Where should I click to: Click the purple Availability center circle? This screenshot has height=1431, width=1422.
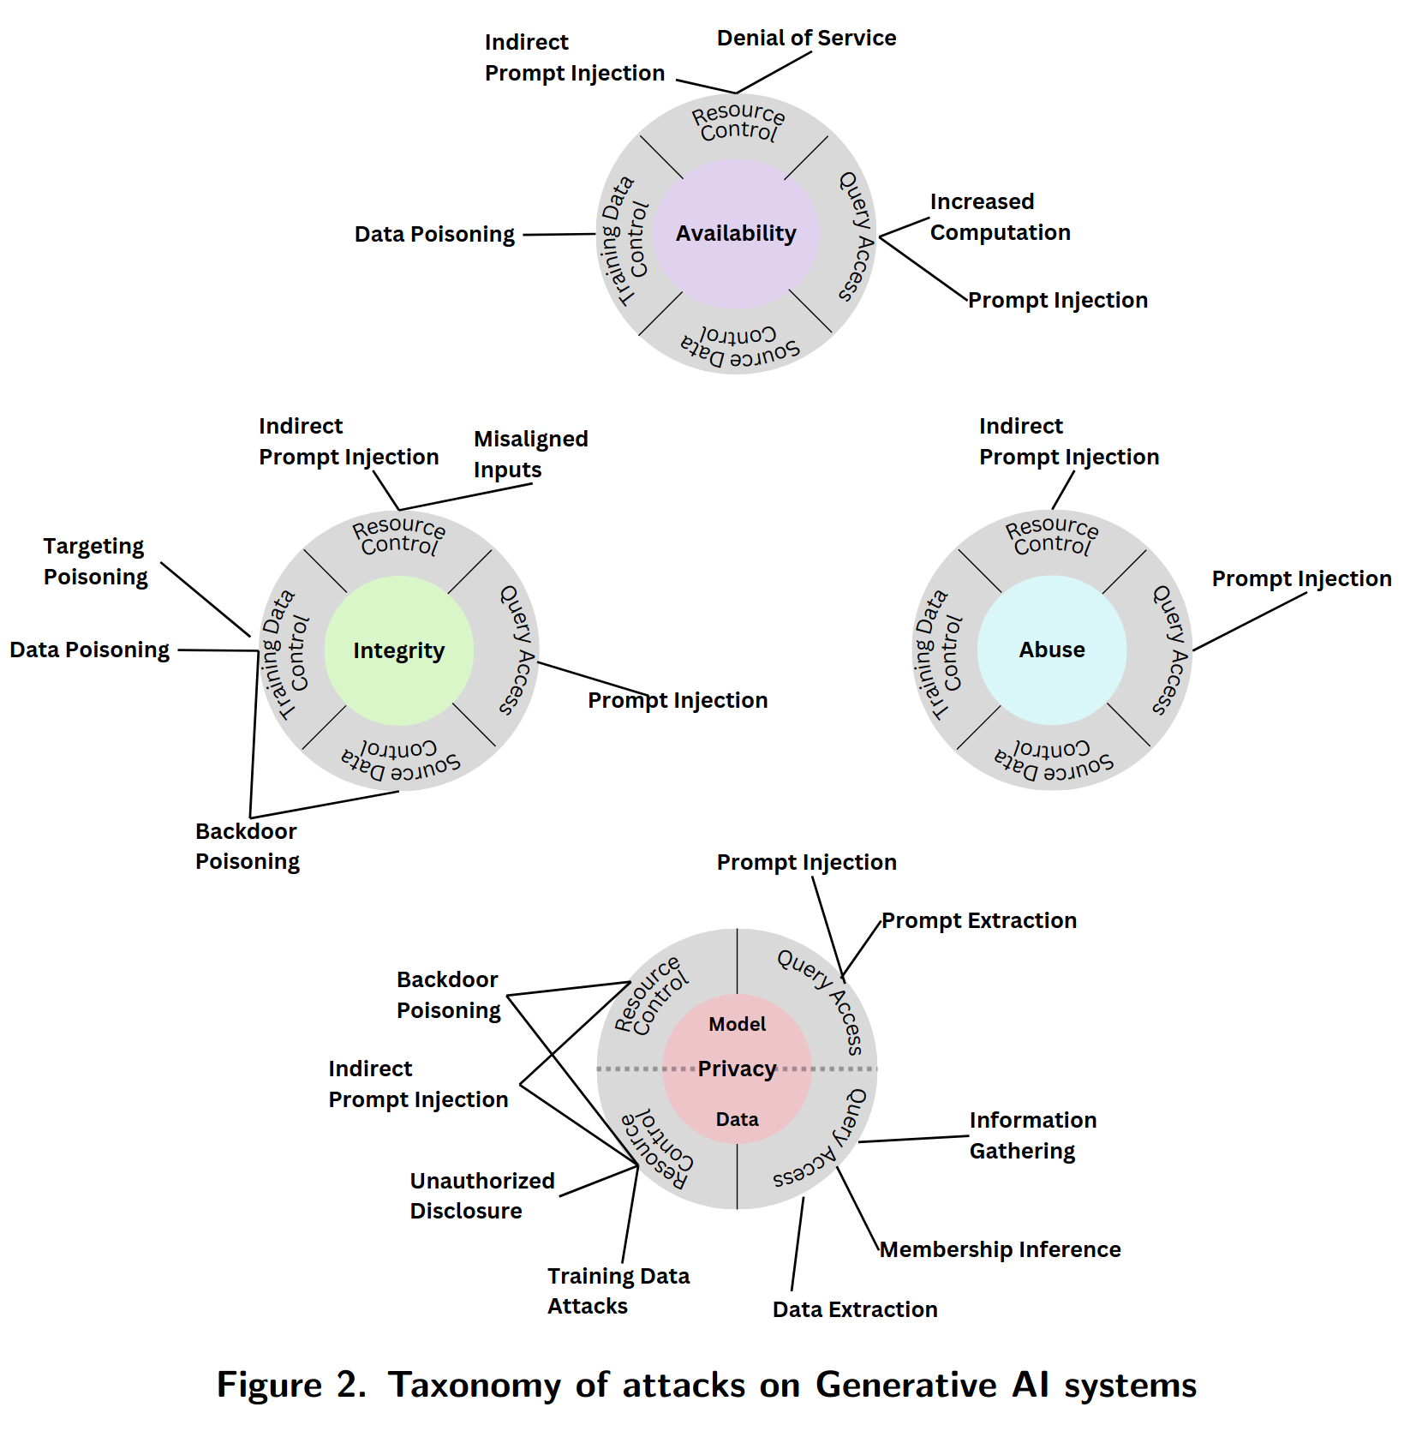[x=736, y=233]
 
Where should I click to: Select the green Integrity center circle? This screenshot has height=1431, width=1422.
[x=398, y=650]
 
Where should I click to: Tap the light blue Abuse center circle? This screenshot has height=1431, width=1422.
[x=1052, y=650]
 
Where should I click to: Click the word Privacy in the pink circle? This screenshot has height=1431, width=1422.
[x=737, y=1069]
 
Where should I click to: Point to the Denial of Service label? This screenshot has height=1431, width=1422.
[x=806, y=38]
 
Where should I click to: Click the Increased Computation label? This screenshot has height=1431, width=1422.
[x=1000, y=217]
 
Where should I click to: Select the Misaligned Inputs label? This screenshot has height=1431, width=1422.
[x=530, y=454]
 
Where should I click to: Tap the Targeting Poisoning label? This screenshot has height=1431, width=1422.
[x=95, y=561]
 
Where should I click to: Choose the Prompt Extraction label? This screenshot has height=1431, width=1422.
[x=979, y=920]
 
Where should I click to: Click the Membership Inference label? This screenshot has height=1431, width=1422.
[x=1000, y=1249]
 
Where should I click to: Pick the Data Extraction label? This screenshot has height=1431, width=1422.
[x=855, y=1309]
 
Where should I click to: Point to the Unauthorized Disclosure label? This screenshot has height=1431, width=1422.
[x=481, y=1195]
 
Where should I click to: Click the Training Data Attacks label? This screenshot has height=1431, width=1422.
[x=618, y=1290]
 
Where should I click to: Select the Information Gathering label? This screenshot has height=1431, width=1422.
[x=1032, y=1135]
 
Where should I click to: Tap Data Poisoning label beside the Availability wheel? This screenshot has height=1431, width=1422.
[x=434, y=234]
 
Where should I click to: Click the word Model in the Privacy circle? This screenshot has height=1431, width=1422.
[x=737, y=1024]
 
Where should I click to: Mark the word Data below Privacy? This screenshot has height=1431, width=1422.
[x=737, y=1119]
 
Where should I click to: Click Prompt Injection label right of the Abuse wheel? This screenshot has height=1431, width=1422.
[x=1301, y=578]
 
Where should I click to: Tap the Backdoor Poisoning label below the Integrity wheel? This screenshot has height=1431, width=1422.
[x=247, y=846]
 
